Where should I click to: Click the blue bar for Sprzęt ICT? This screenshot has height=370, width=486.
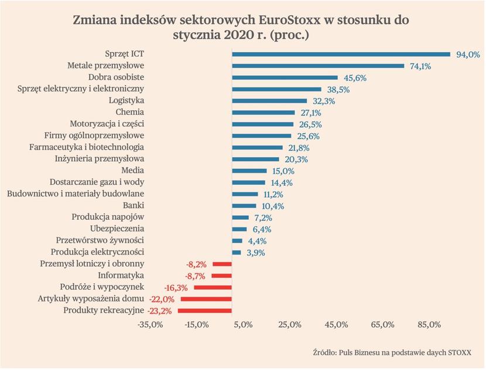(x=341, y=55)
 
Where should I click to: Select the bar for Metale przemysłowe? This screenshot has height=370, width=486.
(x=318, y=66)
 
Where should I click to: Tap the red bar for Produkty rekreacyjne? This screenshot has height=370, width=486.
(x=204, y=311)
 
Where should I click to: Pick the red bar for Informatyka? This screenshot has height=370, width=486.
(x=221, y=276)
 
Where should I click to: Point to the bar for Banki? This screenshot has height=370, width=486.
(x=244, y=206)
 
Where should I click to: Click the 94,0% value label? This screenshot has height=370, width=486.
(x=468, y=55)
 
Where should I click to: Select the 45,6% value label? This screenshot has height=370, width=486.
(x=355, y=78)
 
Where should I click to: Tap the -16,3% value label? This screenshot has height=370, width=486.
(x=176, y=288)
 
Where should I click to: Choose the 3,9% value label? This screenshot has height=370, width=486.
(x=256, y=253)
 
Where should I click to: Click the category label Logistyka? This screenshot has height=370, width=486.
(x=126, y=100)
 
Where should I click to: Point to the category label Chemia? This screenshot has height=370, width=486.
(x=130, y=112)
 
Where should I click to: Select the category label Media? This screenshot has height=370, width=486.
(x=133, y=170)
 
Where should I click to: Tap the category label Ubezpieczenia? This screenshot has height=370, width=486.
(x=117, y=229)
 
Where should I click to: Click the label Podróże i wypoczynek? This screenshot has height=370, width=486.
(x=102, y=287)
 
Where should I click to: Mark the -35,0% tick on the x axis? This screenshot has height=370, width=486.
(x=150, y=325)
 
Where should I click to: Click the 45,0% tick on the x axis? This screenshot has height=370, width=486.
(x=336, y=325)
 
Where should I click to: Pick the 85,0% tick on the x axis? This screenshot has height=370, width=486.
(x=429, y=325)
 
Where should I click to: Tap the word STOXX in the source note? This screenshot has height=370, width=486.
(x=460, y=352)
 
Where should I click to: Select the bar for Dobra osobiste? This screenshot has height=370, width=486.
(x=285, y=77)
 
